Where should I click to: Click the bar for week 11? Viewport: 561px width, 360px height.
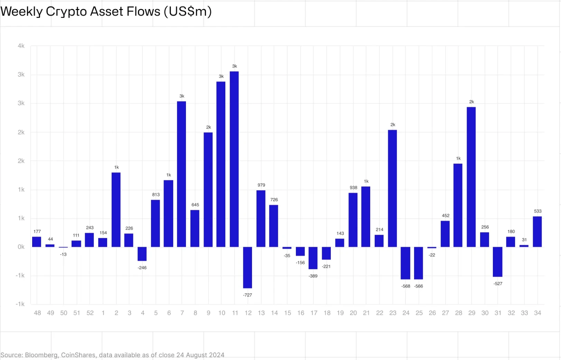click(x=234, y=159)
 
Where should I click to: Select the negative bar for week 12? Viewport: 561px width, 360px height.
click(x=247, y=267)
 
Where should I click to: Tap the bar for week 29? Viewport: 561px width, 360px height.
click(x=471, y=177)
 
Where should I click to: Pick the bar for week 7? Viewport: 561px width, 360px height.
click(x=181, y=174)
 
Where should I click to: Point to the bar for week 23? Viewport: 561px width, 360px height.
click(x=392, y=188)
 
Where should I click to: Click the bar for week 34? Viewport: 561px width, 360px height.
click(x=537, y=232)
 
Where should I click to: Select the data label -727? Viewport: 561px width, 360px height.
click(x=247, y=295)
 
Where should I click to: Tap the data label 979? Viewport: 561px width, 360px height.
click(x=261, y=185)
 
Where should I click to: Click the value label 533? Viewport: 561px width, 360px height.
click(x=537, y=211)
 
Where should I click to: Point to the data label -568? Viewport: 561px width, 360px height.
click(x=406, y=286)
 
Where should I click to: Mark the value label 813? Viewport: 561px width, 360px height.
click(x=156, y=195)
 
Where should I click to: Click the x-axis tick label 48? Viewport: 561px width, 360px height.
click(x=37, y=313)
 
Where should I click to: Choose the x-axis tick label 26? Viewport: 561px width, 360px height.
click(x=432, y=313)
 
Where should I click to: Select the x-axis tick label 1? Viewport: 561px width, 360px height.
click(x=103, y=313)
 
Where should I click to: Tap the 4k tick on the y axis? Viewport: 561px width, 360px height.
click(x=21, y=46)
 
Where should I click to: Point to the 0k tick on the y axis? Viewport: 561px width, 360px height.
click(x=21, y=247)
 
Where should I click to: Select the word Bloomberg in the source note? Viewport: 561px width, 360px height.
click(x=41, y=355)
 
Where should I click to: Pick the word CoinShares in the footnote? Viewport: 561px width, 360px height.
click(x=78, y=355)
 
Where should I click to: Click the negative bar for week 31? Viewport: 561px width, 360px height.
click(x=498, y=262)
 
